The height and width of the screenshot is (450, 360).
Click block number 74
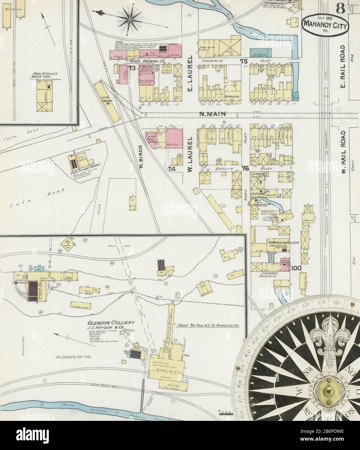(171, 169)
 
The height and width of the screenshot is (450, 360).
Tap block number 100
(296, 268)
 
